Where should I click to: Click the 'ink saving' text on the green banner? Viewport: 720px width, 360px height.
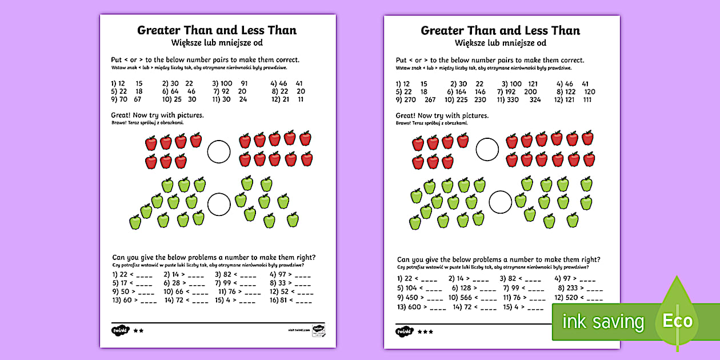pyautogui.click(x=603, y=322)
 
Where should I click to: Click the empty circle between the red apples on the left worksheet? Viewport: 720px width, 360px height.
pyautogui.click(x=218, y=152)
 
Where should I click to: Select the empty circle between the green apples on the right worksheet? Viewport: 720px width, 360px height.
pyautogui.click(x=501, y=202)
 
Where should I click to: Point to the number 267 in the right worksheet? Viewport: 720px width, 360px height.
pyautogui.click(x=430, y=99)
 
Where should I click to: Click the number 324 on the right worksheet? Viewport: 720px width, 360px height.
pyautogui.click(x=535, y=99)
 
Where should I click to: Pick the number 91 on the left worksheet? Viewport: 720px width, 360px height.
pyautogui.click(x=244, y=83)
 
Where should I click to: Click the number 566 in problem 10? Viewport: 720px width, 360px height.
pyautogui.click(x=466, y=297)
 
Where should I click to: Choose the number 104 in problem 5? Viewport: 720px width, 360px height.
pyautogui.click(x=411, y=288)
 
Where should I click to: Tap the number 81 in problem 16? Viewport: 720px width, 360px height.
pyautogui.click(x=283, y=299)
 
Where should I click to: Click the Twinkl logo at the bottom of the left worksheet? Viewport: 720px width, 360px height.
pyautogui.click(x=119, y=330)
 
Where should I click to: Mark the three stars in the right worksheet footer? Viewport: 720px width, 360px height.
pyautogui.click(x=425, y=331)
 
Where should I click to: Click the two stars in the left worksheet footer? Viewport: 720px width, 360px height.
pyautogui.click(x=138, y=330)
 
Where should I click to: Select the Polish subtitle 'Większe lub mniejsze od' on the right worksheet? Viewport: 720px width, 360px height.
pyautogui.click(x=501, y=43)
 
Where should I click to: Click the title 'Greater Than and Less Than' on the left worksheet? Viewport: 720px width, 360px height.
pyautogui.click(x=217, y=30)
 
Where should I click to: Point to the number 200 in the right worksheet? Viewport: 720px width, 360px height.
pyautogui.click(x=530, y=91)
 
